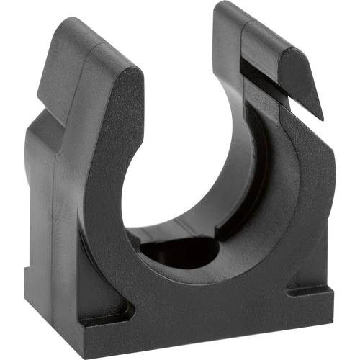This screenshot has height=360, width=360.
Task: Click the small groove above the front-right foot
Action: [306, 288]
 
